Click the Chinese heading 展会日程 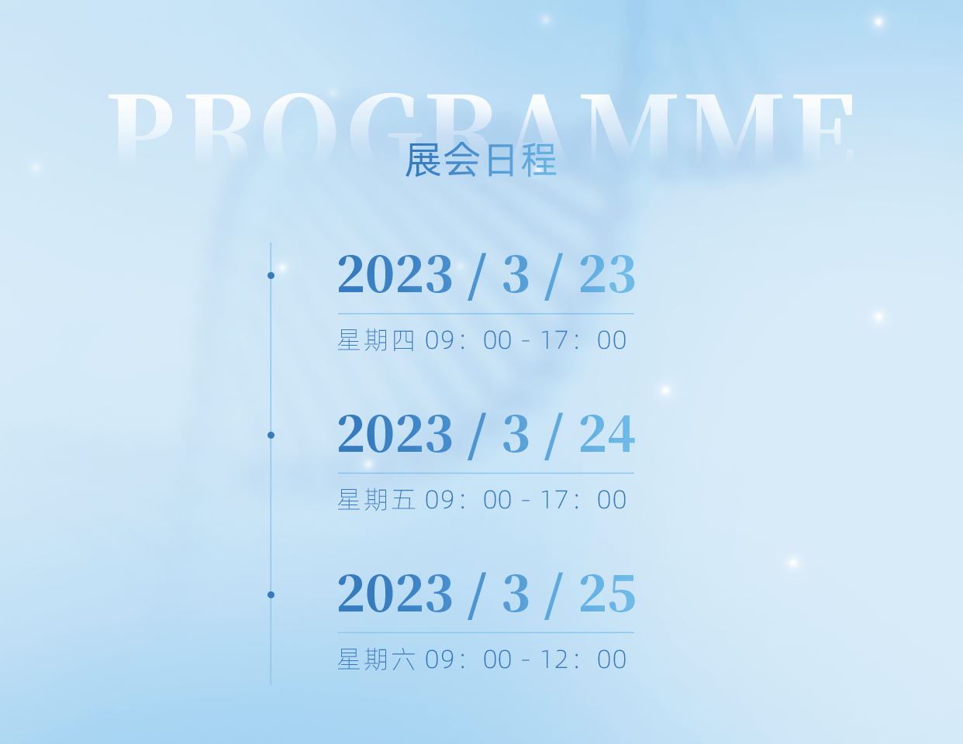[x=481, y=160]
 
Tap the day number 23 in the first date [x=607, y=274]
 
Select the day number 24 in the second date [x=607, y=433]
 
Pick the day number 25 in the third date [x=607, y=594]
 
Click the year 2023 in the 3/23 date [x=395, y=274]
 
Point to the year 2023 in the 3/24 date [x=395, y=433]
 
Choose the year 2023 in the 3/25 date [x=395, y=594]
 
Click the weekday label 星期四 [x=376, y=340]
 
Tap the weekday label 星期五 [x=376, y=500]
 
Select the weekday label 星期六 [x=376, y=660]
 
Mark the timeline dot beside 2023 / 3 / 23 [x=271, y=275]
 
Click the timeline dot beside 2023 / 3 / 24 [x=271, y=436]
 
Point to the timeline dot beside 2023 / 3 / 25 [x=271, y=594]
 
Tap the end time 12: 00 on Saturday [x=583, y=660]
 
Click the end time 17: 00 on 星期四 [x=583, y=340]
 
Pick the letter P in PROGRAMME [x=141, y=126]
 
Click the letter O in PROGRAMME [x=299, y=127]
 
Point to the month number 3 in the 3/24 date [x=516, y=433]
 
